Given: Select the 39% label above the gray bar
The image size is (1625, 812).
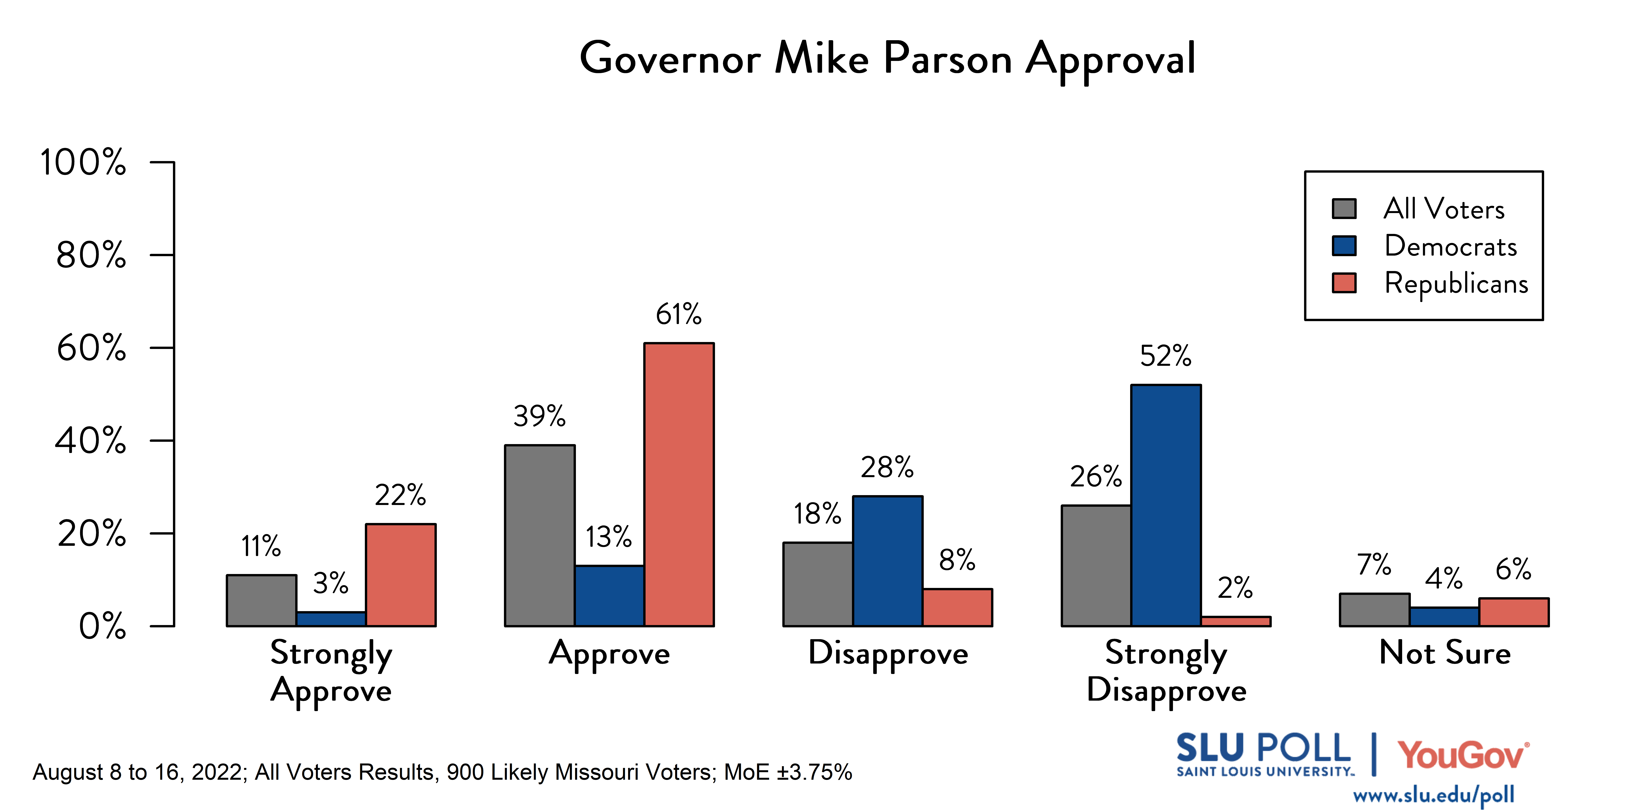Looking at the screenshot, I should (539, 416).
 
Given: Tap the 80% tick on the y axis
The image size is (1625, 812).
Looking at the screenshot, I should (92, 255).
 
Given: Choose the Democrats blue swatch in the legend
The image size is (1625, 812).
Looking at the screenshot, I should (1344, 246).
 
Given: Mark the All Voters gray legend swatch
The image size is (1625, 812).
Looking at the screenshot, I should (1344, 209).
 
